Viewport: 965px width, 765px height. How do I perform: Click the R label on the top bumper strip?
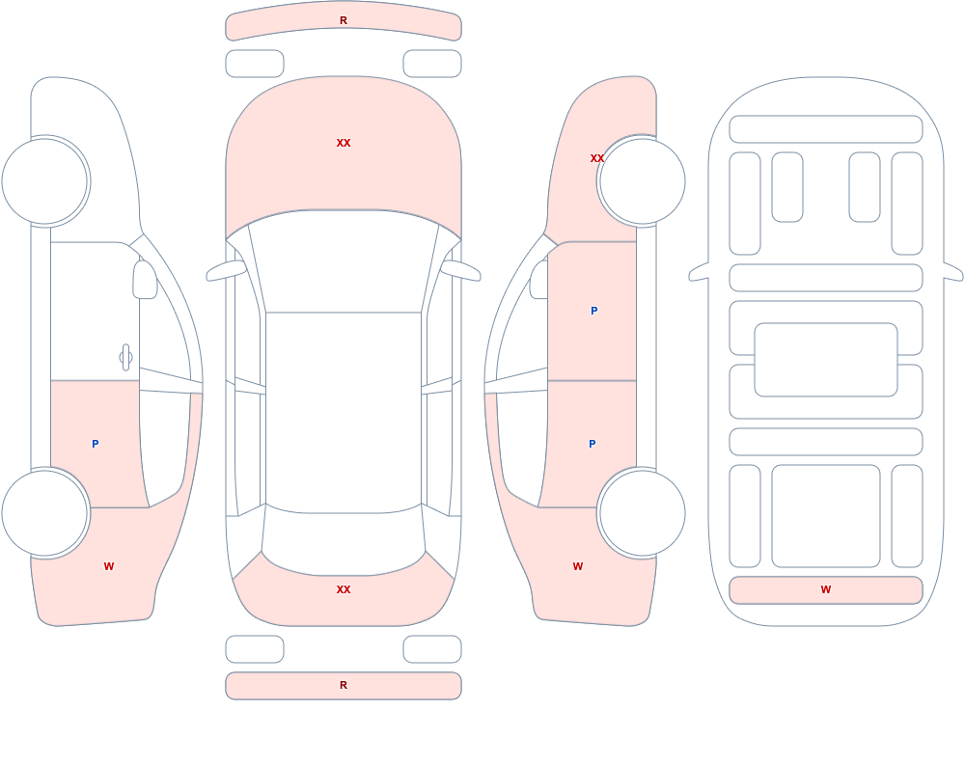[344, 20]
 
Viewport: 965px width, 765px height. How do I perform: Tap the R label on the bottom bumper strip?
[344, 685]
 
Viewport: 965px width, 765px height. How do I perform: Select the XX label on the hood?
[344, 143]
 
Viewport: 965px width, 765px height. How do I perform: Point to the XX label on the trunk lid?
[344, 589]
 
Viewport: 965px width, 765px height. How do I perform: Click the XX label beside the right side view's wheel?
[596, 158]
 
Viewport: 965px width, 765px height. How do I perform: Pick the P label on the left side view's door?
[95, 444]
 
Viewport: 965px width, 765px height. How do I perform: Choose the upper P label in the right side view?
[593, 311]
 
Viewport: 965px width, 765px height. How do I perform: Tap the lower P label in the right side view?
[593, 444]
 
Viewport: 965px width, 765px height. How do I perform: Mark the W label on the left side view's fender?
[109, 566]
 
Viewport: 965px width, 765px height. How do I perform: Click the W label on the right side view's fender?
[578, 566]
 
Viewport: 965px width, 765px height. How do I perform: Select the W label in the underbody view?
[826, 589]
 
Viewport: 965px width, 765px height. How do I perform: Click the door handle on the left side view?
[125, 358]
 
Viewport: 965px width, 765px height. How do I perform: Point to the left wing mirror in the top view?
[226, 271]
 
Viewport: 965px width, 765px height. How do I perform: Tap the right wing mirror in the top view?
[461, 271]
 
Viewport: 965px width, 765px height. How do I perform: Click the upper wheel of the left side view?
[45, 181]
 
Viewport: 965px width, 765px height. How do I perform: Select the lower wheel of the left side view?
[45, 512]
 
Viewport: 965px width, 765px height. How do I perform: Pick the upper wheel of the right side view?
[642, 181]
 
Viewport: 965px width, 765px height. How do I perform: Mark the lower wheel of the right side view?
[642, 512]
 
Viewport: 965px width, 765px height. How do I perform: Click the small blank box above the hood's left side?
[255, 64]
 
